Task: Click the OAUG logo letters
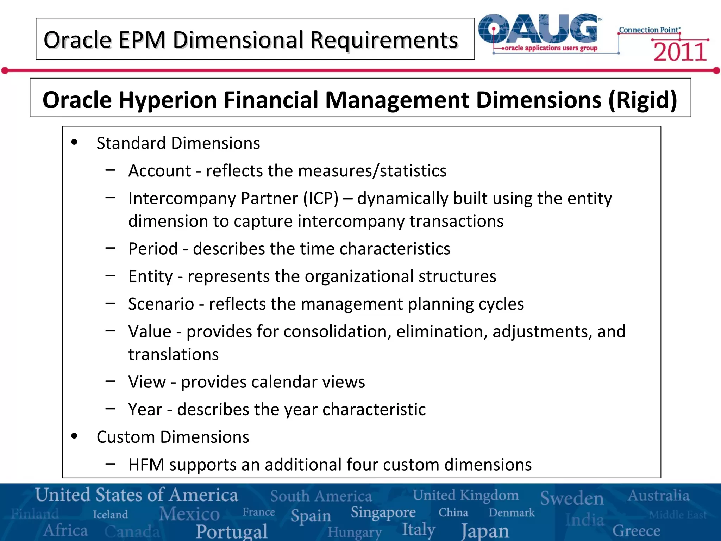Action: pos(539,29)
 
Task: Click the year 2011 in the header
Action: pos(679,52)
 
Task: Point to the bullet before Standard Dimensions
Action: pos(74,142)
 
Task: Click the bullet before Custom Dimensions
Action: pos(74,436)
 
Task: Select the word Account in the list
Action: pos(159,171)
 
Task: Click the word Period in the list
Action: pos(153,249)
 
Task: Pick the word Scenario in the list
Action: pos(161,304)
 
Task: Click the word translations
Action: pos(173,354)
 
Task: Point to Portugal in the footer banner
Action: pos(232,531)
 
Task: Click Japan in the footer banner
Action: pos(485,530)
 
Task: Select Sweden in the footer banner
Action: pos(572,498)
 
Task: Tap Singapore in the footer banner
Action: pos(383,512)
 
